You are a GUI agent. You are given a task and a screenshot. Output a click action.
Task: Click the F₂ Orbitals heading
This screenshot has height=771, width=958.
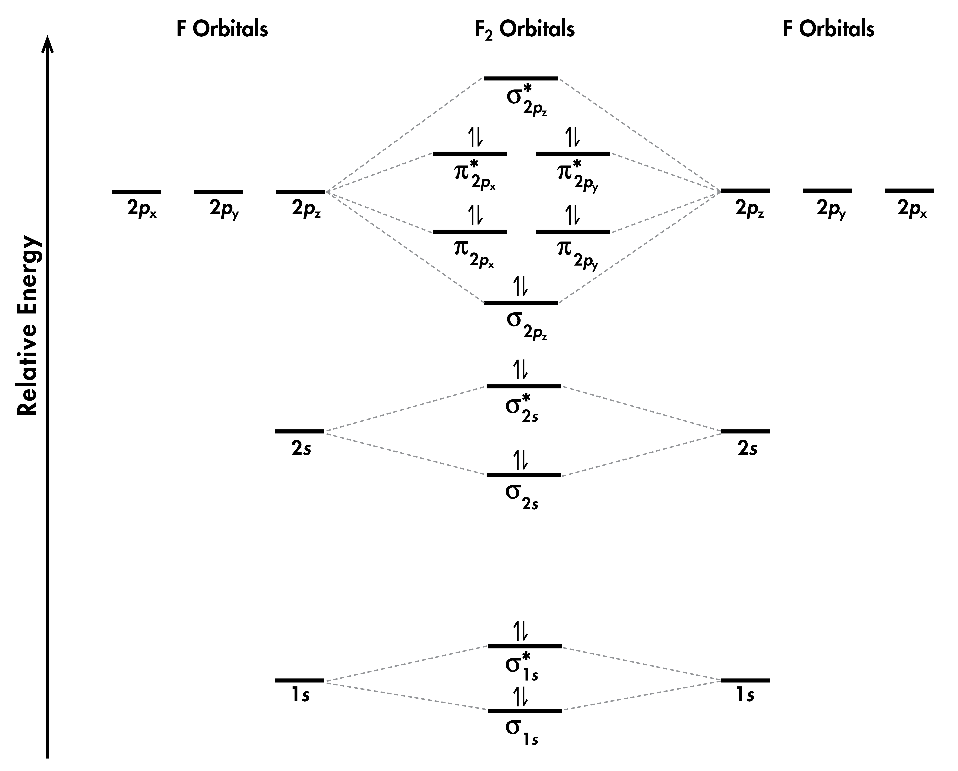[524, 29]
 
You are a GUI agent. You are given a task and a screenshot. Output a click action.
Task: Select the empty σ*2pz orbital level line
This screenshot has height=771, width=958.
[521, 78]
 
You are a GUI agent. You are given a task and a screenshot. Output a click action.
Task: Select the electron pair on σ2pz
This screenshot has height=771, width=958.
[521, 286]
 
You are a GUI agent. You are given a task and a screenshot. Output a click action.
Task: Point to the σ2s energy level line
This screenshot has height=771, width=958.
[523, 475]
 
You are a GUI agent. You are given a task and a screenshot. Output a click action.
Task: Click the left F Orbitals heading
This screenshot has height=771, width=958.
[222, 29]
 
